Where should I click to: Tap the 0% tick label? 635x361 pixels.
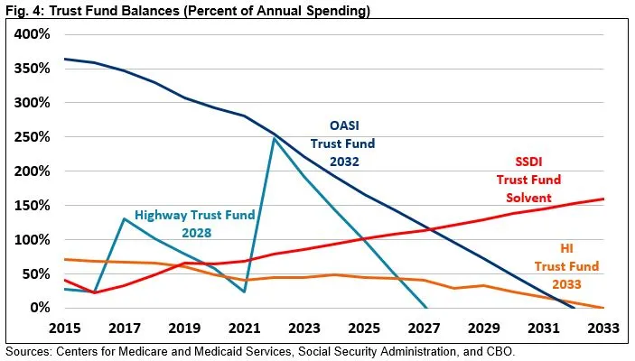pos(39,308)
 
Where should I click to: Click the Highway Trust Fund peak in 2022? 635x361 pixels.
pos(273,137)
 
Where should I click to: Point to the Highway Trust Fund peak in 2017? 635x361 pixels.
pos(124,218)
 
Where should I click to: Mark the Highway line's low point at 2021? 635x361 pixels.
pos(244,292)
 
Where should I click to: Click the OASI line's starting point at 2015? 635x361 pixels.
pos(64,59)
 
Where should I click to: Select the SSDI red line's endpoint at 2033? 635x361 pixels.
pos(603,199)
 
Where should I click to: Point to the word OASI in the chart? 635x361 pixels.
pos(341,125)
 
